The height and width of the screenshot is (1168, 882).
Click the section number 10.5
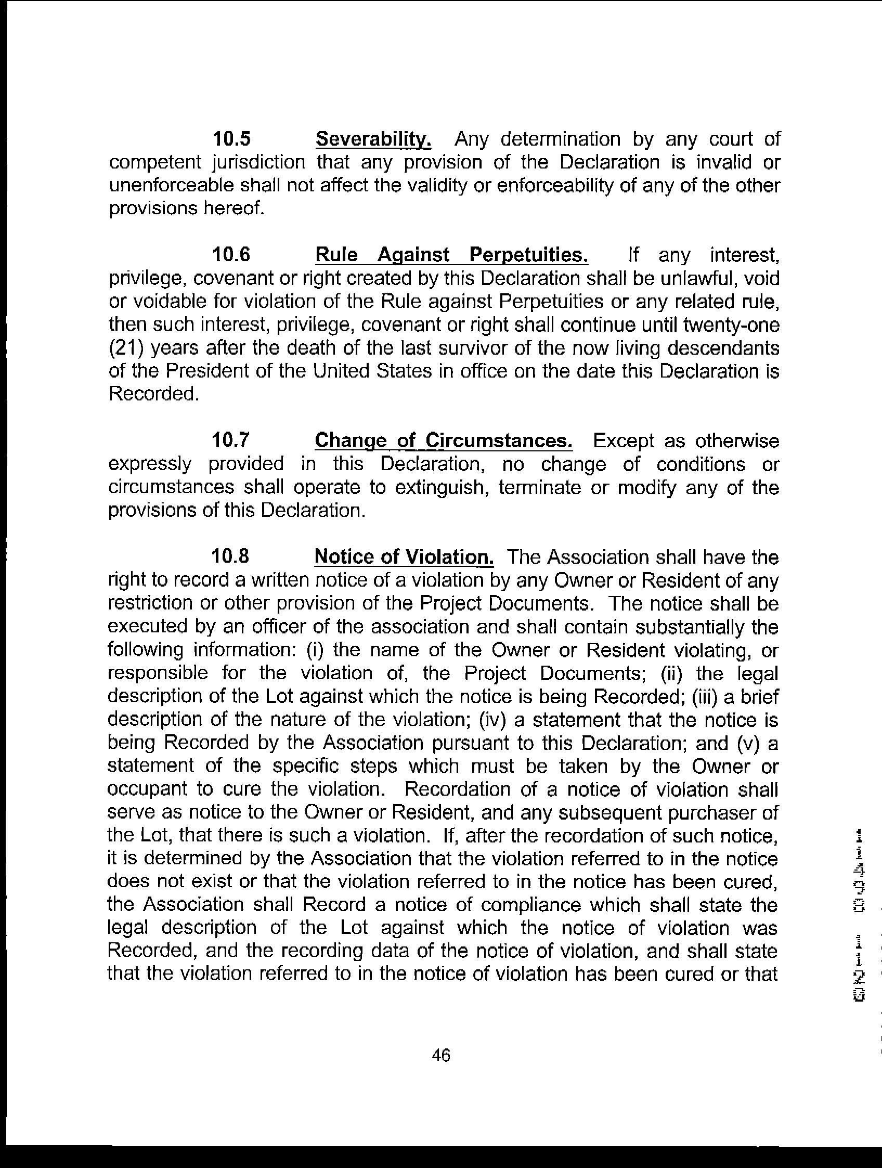[231, 139]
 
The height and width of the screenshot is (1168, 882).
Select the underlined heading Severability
[373, 139]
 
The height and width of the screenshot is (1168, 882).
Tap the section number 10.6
[231, 255]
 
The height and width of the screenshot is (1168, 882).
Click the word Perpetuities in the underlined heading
[528, 255]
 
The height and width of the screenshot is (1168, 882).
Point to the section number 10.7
[230, 440]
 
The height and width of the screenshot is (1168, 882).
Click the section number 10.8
[230, 556]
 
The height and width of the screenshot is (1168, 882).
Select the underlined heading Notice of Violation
[404, 557]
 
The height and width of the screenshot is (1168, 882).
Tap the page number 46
[441, 1055]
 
